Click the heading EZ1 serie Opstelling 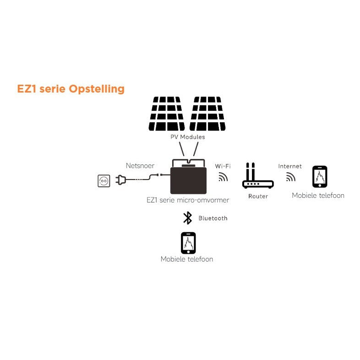coord(71,88)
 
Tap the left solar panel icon coord(167,114)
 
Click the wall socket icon coord(104,181)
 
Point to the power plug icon coord(121,180)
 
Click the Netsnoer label coord(140,166)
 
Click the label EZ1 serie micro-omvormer coord(188,200)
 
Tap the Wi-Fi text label coord(223,166)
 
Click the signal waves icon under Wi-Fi coord(223,177)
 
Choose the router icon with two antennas coord(258,176)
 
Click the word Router coord(258,196)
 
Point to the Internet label coord(290,166)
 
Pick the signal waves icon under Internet coord(290,177)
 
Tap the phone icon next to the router coord(320,176)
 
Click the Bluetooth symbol coord(188,218)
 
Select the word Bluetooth coord(213,218)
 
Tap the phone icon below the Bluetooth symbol coord(188,243)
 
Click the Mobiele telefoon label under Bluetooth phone coord(187,259)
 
